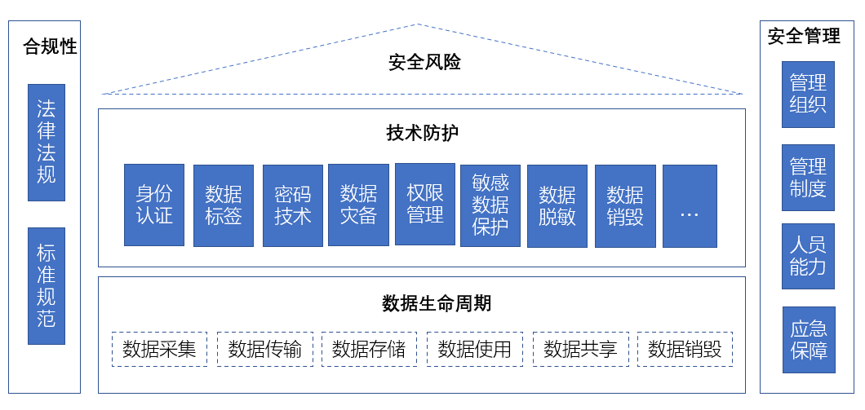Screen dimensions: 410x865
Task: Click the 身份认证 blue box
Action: pos(154,205)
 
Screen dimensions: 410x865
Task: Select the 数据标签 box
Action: pos(224,205)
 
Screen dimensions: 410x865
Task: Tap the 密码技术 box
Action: pos(292,205)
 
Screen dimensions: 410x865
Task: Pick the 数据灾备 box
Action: pos(358,205)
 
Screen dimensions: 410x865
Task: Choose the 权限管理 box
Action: pos(424,204)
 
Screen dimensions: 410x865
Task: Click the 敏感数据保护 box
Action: pos(490,205)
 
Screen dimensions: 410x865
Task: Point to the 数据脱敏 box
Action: pos(557,205)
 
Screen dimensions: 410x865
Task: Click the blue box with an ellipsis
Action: pos(690,205)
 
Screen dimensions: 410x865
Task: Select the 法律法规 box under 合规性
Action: pos(47,143)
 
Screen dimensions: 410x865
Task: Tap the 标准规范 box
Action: pos(47,285)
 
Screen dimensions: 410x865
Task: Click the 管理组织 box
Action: pos(808,95)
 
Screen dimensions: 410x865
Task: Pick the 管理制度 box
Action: pos(808,178)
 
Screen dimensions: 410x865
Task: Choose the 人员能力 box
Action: pos(808,256)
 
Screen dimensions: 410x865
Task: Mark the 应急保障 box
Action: pos(808,340)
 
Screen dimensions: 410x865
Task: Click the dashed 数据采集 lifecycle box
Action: pos(159,349)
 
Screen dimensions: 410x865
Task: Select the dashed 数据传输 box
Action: pos(265,349)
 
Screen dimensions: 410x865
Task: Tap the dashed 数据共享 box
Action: pos(580,349)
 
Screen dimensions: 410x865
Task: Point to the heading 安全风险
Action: pos(424,62)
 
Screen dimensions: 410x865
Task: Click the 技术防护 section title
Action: pos(422,134)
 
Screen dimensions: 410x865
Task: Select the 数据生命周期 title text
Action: pos(437,304)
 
